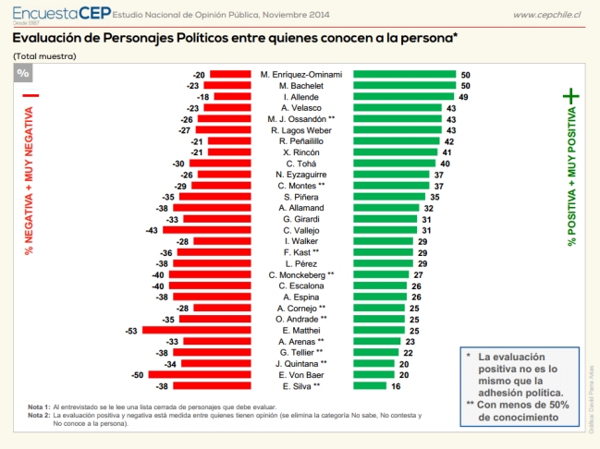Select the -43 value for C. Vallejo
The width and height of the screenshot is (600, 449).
[x=153, y=230]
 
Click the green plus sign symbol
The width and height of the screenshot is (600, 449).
[x=571, y=95]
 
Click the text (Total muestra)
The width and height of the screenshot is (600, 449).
[x=43, y=56]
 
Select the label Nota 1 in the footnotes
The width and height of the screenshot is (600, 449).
[x=38, y=407]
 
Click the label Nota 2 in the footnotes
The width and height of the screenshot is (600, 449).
[x=38, y=415]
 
